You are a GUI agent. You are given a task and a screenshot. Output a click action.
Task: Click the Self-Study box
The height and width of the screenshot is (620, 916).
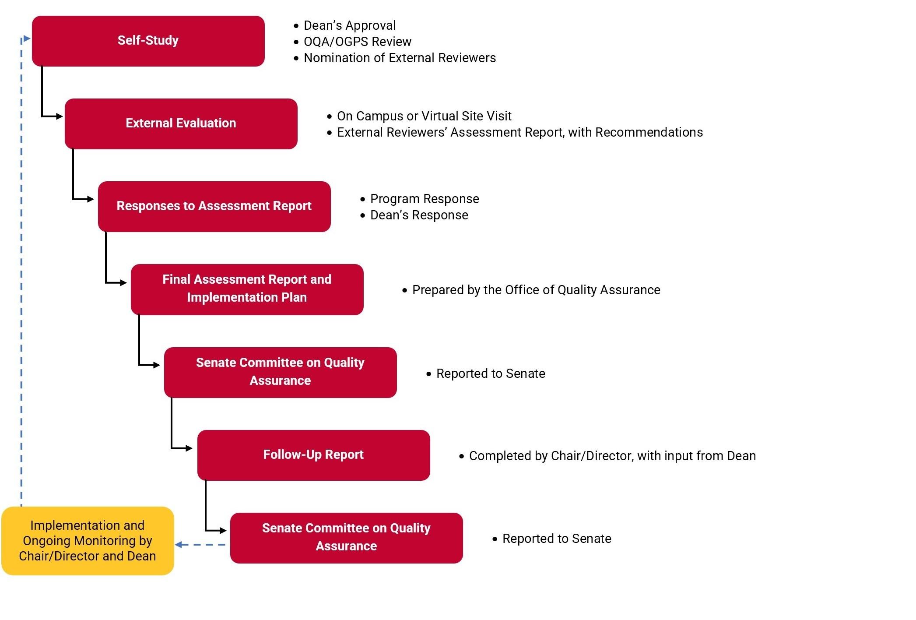(x=148, y=41)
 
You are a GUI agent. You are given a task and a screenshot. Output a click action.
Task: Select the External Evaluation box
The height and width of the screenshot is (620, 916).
(x=181, y=123)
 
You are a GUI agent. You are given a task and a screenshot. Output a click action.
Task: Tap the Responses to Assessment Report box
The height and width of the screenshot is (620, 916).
(x=214, y=206)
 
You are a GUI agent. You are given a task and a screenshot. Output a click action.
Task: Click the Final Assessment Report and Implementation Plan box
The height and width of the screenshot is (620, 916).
(x=247, y=289)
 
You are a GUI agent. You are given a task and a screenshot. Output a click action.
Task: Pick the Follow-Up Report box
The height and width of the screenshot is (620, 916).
(x=313, y=455)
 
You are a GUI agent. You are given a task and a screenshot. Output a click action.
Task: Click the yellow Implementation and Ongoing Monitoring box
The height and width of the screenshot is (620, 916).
(x=88, y=541)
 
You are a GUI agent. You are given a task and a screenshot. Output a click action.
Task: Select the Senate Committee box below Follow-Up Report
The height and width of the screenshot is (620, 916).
(x=346, y=538)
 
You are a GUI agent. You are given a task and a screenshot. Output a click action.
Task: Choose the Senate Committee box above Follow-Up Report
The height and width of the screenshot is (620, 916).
(x=280, y=372)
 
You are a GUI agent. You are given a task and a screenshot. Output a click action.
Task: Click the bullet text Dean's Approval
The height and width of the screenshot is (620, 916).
(x=349, y=25)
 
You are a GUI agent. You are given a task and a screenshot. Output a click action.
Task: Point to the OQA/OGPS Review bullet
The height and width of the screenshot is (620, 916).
(x=357, y=42)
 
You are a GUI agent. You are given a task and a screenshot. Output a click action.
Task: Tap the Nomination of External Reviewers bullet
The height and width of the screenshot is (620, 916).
(x=399, y=58)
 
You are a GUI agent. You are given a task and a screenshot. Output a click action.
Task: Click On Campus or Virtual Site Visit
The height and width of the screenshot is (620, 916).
(x=424, y=116)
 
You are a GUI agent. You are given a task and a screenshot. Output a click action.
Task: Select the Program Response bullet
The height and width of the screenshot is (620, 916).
(x=424, y=199)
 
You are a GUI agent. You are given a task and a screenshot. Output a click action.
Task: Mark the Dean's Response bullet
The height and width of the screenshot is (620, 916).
(x=419, y=215)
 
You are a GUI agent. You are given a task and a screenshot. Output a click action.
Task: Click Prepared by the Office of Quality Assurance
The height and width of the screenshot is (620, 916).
(x=536, y=290)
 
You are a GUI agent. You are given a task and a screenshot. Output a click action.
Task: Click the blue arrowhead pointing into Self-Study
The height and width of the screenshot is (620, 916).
(x=27, y=39)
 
